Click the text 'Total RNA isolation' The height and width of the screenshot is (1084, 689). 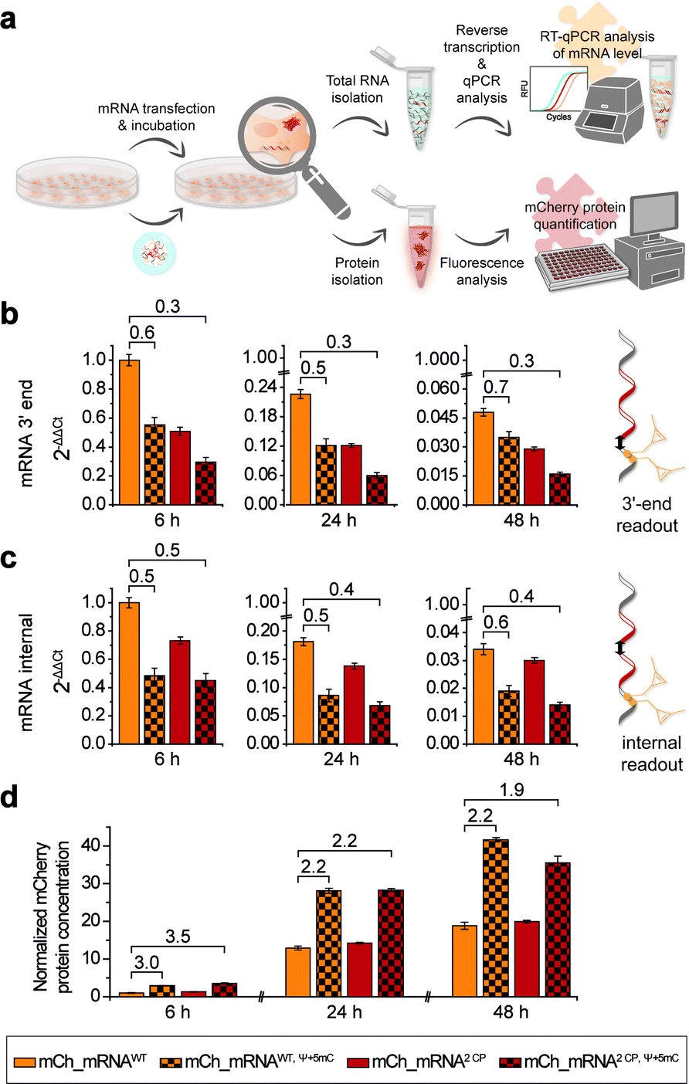pos(357,89)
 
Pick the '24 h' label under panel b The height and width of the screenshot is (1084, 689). pos(339,520)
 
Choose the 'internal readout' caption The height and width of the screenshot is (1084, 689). pos(651,754)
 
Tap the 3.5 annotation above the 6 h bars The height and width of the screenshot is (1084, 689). pos(177,937)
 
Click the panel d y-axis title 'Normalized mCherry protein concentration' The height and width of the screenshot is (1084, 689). pos(52,917)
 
